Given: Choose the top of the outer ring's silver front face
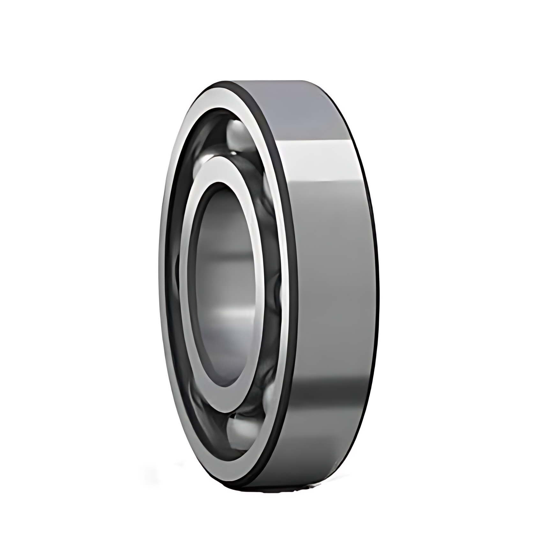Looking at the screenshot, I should coord(223,96).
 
